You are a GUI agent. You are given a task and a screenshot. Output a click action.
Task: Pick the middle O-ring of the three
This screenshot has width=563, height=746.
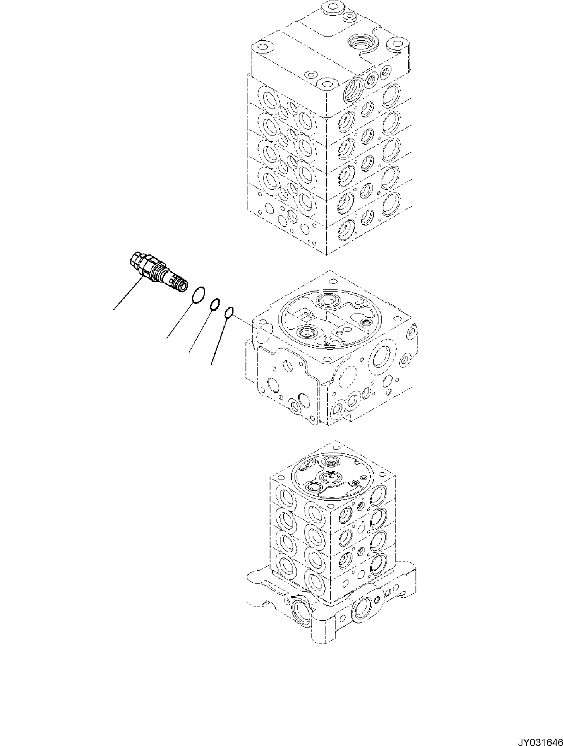(215, 304)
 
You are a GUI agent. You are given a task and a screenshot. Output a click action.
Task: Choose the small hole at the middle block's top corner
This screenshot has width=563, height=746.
(332, 282)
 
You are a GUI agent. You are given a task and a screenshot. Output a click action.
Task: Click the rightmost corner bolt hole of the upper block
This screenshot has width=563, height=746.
(397, 42)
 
